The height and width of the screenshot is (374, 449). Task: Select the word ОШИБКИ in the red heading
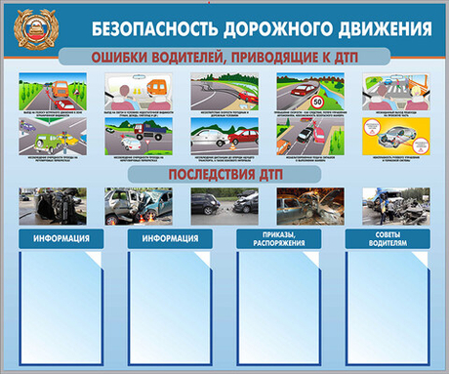coord(123,58)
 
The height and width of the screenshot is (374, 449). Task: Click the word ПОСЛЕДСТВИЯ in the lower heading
coord(205,174)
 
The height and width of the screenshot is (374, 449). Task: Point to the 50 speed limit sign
coord(318,100)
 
